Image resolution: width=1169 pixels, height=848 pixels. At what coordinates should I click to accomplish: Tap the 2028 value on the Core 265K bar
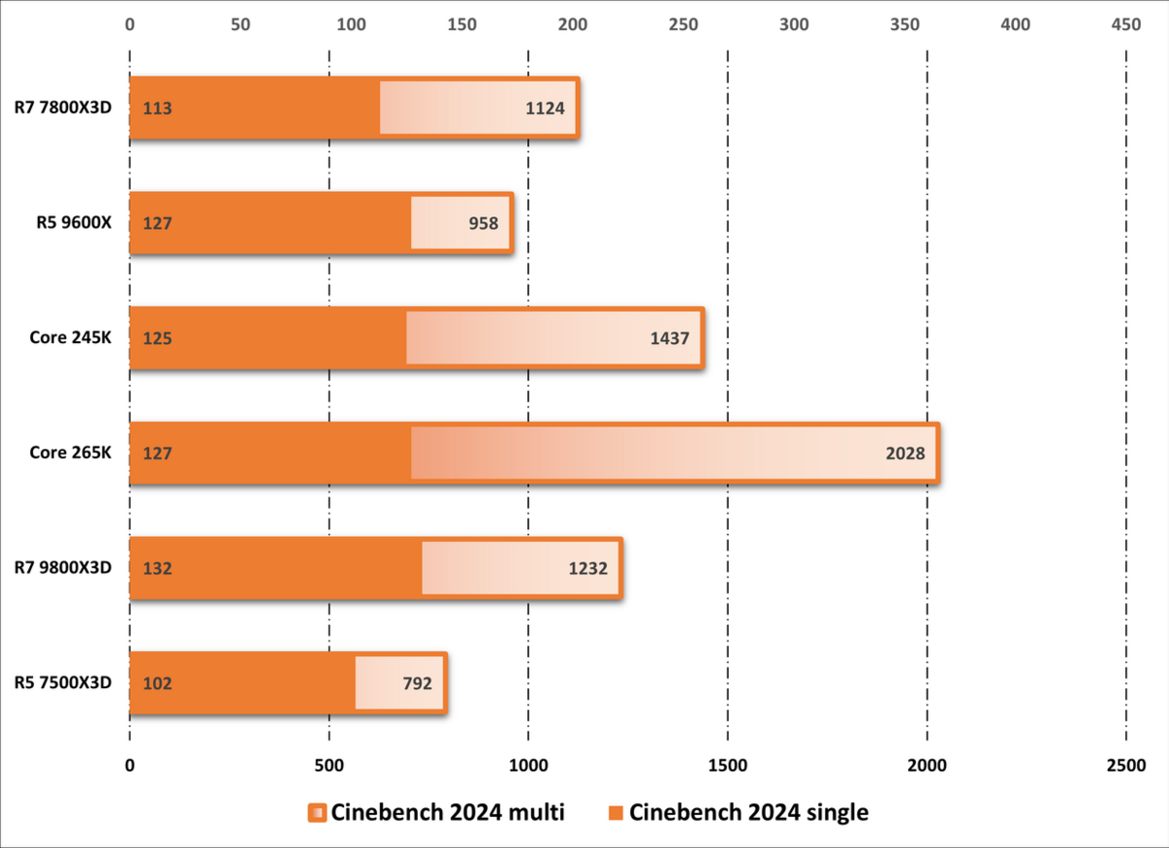(905, 453)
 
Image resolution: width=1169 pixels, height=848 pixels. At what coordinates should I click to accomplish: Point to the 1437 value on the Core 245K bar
(669, 338)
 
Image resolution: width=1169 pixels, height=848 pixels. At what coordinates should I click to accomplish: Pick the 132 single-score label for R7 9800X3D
(157, 568)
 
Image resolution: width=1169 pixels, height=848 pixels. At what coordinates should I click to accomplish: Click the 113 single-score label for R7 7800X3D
(157, 108)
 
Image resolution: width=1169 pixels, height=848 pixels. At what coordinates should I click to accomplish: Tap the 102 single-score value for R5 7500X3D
(157, 683)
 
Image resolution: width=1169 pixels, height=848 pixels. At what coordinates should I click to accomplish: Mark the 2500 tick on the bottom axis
(1126, 766)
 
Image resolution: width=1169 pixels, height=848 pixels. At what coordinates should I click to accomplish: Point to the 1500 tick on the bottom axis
(728, 766)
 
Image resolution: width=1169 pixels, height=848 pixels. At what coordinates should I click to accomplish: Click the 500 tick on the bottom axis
(329, 766)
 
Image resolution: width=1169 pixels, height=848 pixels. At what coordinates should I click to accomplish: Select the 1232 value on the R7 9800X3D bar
(588, 568)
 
